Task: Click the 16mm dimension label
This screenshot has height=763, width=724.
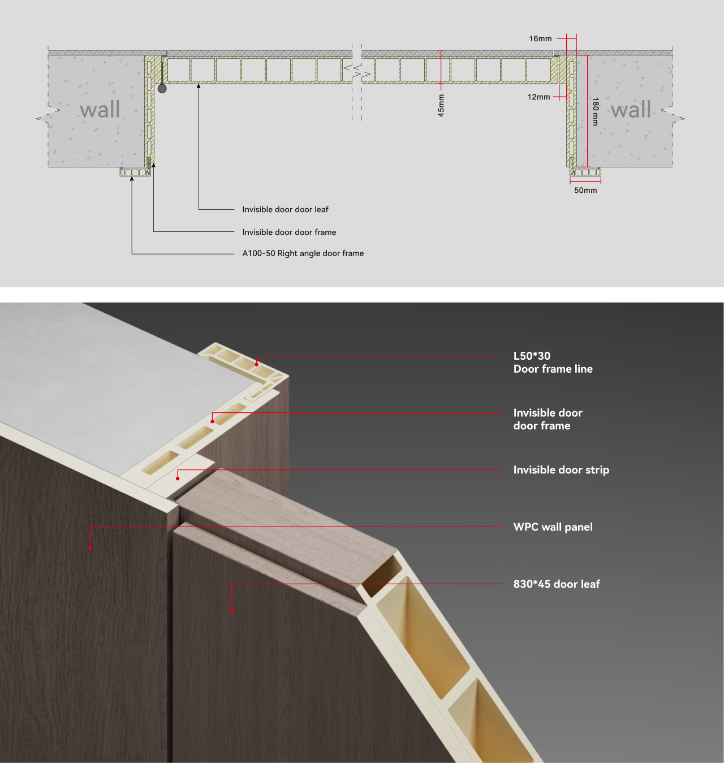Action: coord(540,39)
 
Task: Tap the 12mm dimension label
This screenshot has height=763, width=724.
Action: coord(538,97)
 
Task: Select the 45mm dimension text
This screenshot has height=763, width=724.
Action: coord(441,106)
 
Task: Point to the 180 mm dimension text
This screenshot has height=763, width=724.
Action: coord(596,111)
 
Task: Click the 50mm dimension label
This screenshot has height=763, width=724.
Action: coord(585,191)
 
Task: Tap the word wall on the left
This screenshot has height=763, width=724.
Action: coord(100,109)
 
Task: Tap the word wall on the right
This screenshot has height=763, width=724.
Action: coord(631,109)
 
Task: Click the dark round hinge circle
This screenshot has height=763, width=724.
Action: coord(162,89)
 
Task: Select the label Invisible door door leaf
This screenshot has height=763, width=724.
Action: coord(285,210)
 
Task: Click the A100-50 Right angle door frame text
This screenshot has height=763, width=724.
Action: coord(303,253)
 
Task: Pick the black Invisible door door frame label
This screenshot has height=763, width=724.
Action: coord(289,232)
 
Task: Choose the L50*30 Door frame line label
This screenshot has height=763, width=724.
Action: coord(553,363)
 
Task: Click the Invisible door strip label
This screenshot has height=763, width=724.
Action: coord(561,470)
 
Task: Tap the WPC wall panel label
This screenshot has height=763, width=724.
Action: coord(553,527)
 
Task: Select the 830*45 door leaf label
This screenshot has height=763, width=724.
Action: coord(557,584)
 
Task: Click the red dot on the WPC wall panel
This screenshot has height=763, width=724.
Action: coord(90,548)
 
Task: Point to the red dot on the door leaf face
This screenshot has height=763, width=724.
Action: coord(232,611)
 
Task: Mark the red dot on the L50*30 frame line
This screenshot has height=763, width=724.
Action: coord(257,364)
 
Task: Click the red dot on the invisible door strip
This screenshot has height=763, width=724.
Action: coord(178,479)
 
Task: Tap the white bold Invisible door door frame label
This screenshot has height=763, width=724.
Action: coord(548,419)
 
